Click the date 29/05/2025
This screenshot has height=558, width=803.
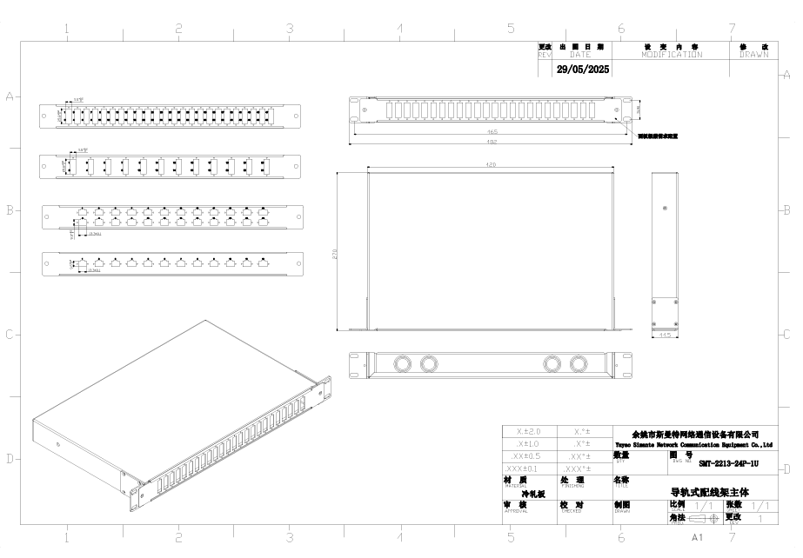tap(583, 69)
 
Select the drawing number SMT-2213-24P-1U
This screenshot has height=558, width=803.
tap(728, 463)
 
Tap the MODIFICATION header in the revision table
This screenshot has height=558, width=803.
tap(672, 54)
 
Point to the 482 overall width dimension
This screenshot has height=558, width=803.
tap(491, 141)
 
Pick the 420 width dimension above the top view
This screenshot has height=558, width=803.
tap(491, 164)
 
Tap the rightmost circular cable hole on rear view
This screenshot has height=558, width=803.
tap(577, 363)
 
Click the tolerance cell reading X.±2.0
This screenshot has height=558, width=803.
tap(528, 431)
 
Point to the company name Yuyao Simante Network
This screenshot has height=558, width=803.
tap(693, 442)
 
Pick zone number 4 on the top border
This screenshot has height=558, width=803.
tap(400, 29)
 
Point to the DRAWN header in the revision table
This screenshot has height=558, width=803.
tap(754, 54)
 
